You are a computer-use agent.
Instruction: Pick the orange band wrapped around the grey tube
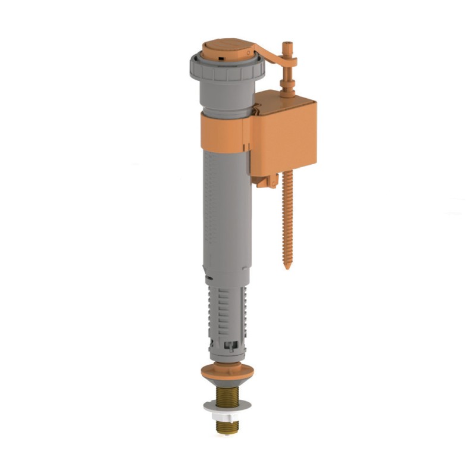[x=224, y=130]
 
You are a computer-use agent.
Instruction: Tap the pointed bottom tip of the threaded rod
[x=287, y=266]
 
